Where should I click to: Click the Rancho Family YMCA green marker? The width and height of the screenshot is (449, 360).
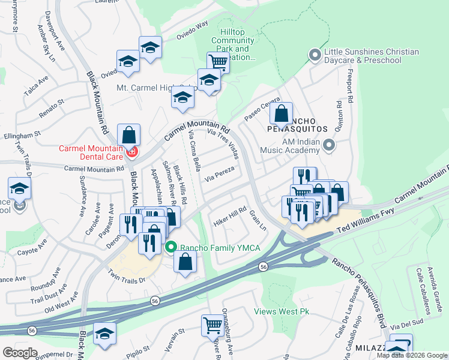[x=171, y=247]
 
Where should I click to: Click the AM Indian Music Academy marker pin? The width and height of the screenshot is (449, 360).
[x=328, y=145]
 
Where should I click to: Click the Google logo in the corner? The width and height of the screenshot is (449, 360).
[x=20, y=353]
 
